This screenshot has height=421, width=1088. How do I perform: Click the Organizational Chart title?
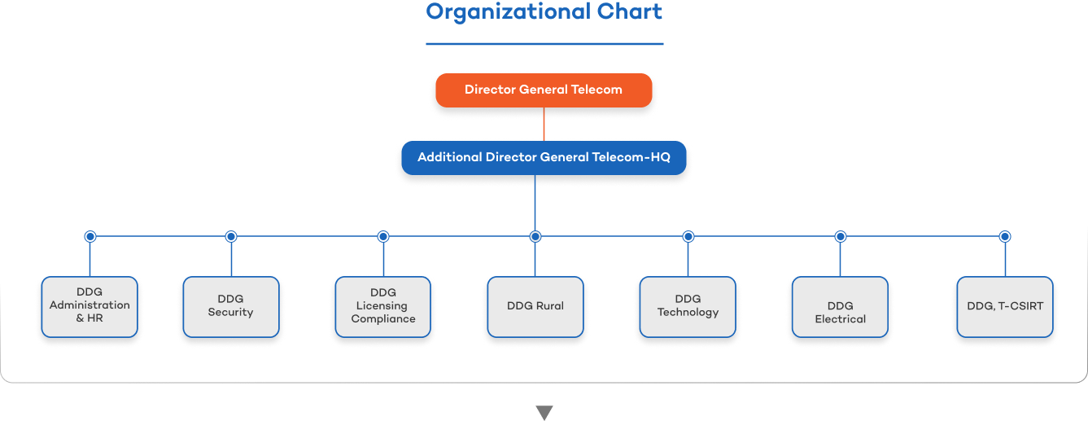(x=544, y=12)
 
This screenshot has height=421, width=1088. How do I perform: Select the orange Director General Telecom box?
(x=544, y=90)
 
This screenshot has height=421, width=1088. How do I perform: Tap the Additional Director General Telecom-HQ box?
(x=544, y=157)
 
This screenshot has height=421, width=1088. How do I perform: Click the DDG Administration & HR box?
(x=90, y=306)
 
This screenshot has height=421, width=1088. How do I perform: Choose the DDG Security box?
(x=231, y=306)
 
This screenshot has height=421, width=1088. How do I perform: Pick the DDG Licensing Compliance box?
(x=383, y=306)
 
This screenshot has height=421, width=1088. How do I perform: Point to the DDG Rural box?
(x=535, y=306)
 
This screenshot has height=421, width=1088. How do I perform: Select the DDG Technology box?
(x=688, y=306)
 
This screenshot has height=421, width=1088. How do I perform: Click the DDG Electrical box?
(x=841, y=306)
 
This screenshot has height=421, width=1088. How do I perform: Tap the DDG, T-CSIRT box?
(x=1005, y=306)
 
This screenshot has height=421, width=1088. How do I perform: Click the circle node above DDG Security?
(x=231, y=236)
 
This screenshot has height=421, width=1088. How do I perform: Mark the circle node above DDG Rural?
(x=535, y=236)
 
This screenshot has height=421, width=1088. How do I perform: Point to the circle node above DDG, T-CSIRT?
(x=1005, y=236)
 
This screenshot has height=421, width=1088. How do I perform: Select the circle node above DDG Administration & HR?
(x=90, y=236)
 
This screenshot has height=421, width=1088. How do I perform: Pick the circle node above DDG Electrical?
(x=841, y=236)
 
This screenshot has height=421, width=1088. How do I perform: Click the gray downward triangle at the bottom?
(x=544, y=413)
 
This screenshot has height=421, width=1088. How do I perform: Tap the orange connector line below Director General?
(x=544, y=123)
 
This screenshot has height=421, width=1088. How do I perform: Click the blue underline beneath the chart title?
(x=544, y=44)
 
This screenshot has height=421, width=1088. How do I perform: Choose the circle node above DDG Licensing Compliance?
(x=383, y=236)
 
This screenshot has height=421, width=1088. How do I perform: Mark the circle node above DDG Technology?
(x=688, y=236)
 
